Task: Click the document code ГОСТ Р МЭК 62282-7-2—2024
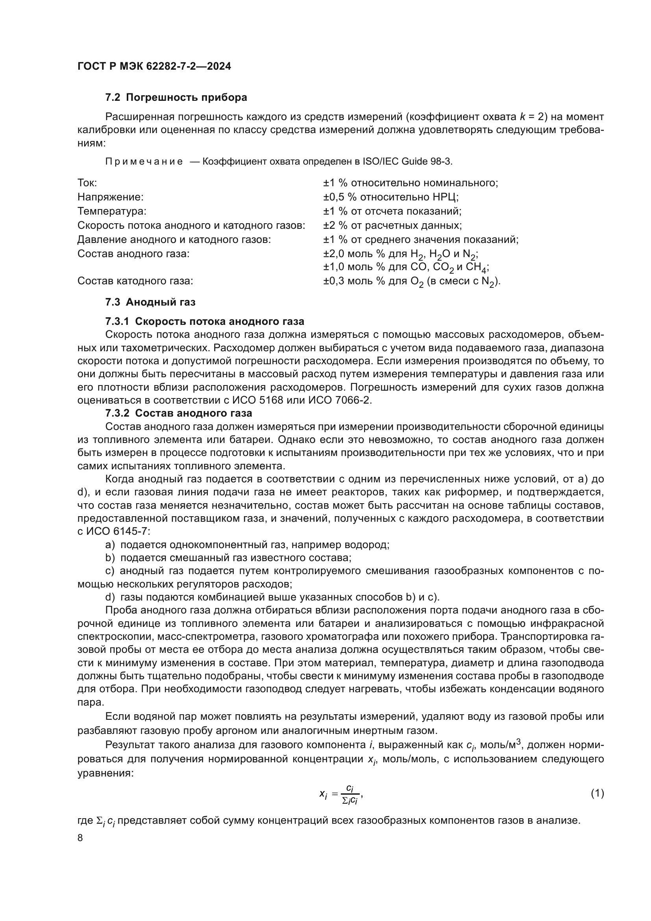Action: click(x=154, y=67)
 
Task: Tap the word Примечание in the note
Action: click(x=144, y=162)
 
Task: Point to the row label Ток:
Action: click(x=87, y=183)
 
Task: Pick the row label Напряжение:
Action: click(x=110, y=197)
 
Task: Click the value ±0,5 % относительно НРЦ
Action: click(x=391, y=197)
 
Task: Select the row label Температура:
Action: click(x=112, y=211)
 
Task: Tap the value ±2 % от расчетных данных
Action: click(x=392, y=226)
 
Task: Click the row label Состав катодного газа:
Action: click(x=135, y=281)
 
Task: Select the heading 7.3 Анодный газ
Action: click(x=150, y=302)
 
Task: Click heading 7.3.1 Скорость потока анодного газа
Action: click(x=204, y=322)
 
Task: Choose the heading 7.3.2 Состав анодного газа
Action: click(x=178, y=413)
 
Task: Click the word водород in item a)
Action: click(x=369, y=545)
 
